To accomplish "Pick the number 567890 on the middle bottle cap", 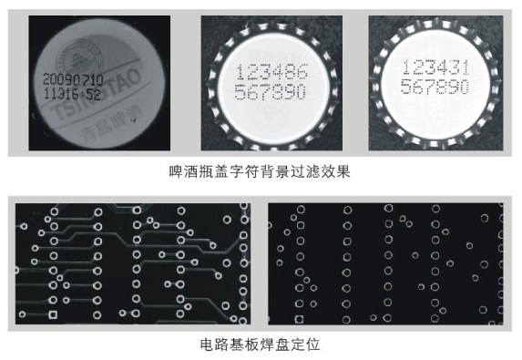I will (271, 93).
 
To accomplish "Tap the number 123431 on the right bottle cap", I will (435, 68).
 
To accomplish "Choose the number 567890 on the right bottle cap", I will (435, 87).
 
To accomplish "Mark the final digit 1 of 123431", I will (463, 68).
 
